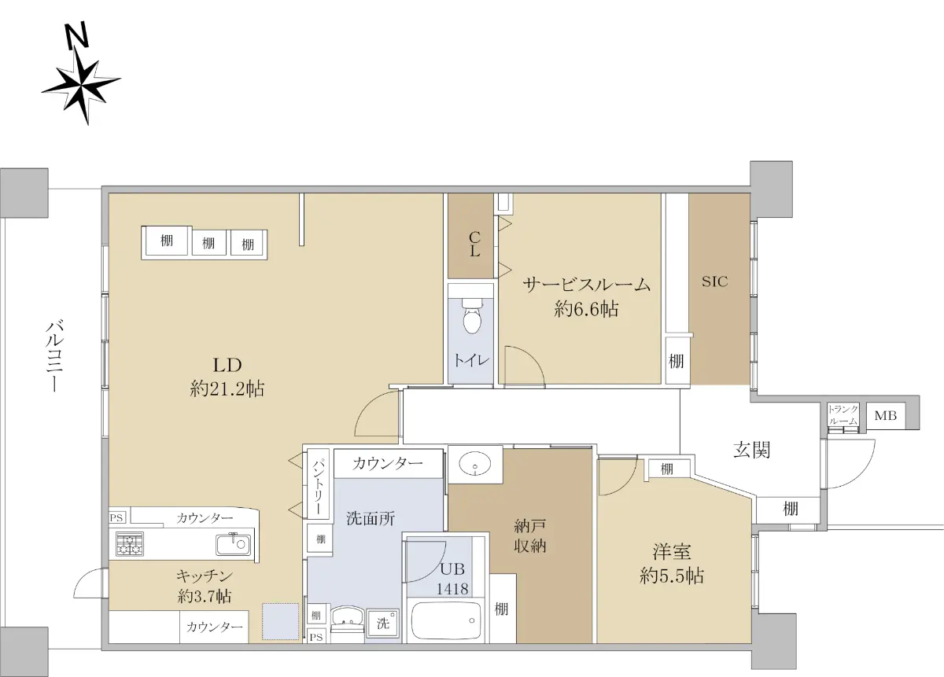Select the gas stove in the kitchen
(130, 543)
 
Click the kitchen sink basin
(234, 544)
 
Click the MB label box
(886, 416)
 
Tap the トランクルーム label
(843, 415)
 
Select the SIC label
(715, 281)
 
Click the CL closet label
(474, 244)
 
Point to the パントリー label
(318, 487)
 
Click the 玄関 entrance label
(751, 450)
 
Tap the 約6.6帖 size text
(586, 310)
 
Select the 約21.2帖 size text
(227, 388)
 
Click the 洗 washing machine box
(382, 623)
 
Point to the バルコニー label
(55, 356)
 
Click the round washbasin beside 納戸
(475, 465)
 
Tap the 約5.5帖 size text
(671, 576)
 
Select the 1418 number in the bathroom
(452, 588)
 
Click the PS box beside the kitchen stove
(116, 517)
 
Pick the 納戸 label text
(529, 526)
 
